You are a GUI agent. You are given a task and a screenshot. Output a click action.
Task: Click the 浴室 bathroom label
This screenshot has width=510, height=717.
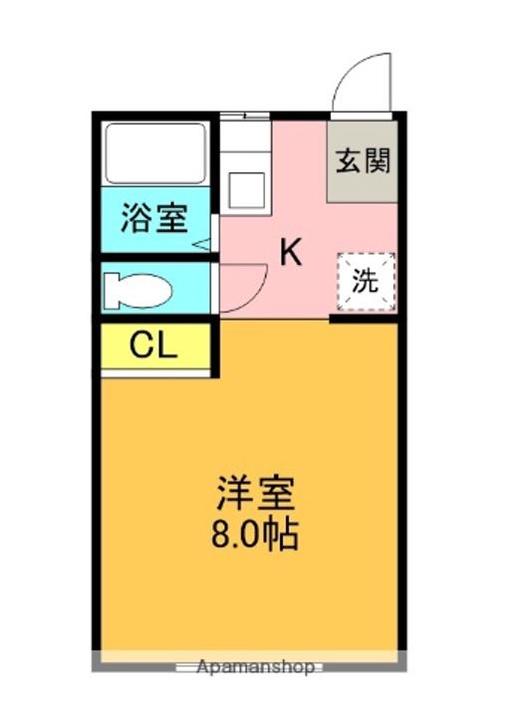click(154, 218)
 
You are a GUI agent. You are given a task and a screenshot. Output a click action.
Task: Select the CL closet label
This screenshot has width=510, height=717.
click(154, 347)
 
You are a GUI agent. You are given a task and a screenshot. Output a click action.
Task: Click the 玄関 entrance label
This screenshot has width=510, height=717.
click(363, 159)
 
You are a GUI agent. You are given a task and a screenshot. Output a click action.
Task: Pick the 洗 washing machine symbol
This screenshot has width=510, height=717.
click(367, 281)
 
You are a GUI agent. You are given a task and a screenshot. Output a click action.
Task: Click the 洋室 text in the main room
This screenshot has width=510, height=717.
click(255, 495)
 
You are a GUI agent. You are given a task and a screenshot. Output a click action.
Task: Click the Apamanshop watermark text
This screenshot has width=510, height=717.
click(255, 666)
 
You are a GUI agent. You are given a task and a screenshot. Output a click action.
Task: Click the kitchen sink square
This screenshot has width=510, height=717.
click(245, 187)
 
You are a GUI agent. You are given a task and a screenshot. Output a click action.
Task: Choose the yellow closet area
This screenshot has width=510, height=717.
click(154, 347)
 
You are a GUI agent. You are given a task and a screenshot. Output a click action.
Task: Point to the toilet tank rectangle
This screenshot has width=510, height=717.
click(109, 290)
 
